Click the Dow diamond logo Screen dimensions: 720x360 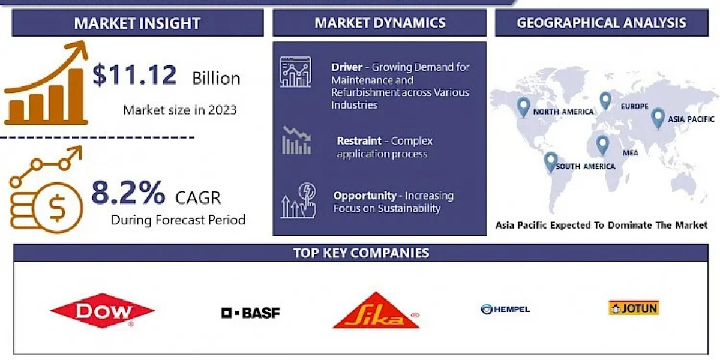coord(103,311)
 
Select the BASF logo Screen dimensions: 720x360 coord(250,313)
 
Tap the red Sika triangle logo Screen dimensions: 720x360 coord(376,311)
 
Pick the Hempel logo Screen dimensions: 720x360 coord(505,309)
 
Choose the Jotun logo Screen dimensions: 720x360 coord(634,308)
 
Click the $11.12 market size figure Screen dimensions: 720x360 coord(134,75)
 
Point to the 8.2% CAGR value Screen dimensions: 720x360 coord(128,193)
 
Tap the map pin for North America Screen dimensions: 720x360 coord(523,107)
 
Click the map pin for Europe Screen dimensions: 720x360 coord(605,101)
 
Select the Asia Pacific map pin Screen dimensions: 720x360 coord(658,118)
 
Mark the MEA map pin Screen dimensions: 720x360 coord(602,145)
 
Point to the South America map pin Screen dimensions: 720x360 coord(551,162)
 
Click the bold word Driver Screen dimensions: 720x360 coord(347,67)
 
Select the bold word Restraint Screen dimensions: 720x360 coord(359,141)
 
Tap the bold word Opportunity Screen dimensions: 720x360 coord(365,196)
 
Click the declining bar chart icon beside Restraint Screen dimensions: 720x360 coord(296,140)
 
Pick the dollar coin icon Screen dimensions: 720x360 coord(58,208)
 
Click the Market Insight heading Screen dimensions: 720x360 coord(137,23)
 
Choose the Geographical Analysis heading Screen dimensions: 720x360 coord(601,23)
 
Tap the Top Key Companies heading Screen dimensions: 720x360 coord(361,253)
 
